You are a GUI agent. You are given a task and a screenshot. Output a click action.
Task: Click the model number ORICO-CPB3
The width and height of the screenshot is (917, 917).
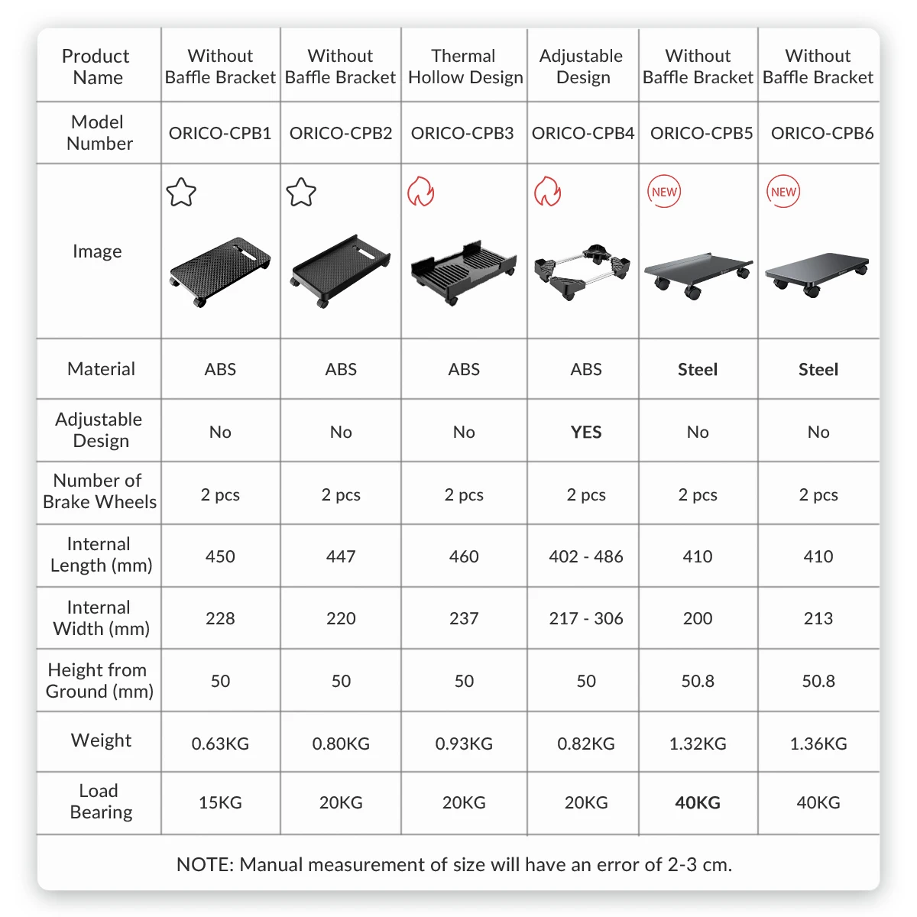pos(462,133)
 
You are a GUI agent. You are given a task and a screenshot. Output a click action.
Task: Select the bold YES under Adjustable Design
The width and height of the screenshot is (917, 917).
pos(586,432)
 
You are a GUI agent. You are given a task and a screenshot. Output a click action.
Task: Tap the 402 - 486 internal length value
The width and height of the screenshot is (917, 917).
pos(586,556)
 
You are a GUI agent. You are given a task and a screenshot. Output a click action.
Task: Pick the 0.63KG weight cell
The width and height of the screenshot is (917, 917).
pos(220,744)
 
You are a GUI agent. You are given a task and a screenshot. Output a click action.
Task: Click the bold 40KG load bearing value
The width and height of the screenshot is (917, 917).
pos(698,802)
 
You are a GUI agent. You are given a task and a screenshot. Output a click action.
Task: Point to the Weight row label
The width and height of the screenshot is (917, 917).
pos(101,740)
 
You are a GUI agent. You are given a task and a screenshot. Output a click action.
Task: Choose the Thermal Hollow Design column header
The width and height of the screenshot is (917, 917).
pos(465,66)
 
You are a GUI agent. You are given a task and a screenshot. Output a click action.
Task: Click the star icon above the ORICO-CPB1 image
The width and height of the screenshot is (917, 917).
pos(181,192)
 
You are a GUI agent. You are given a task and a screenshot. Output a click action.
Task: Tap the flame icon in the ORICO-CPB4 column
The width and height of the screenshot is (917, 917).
pos(547,192)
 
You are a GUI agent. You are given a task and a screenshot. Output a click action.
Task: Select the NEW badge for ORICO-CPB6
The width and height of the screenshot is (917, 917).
pos(783,192)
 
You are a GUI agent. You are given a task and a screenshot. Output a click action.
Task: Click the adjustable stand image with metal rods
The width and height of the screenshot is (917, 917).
pos(584,271)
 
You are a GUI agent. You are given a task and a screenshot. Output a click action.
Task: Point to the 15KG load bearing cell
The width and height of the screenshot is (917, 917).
pos(220,802)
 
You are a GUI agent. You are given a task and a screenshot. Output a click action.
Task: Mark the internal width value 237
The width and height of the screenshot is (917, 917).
pos(464,618)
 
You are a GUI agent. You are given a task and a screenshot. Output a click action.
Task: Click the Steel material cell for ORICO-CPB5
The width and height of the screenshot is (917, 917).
pos(698,370)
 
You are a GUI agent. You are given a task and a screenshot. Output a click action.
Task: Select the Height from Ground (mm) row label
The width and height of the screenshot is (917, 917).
pos(99,680)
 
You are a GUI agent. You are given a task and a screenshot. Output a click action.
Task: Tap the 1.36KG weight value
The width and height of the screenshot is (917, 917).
pos(818,744)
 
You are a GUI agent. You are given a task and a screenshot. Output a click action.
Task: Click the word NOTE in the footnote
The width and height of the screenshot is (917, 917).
pos(203,864)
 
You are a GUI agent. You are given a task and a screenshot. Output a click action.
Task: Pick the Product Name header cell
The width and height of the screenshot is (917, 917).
pos(96,66)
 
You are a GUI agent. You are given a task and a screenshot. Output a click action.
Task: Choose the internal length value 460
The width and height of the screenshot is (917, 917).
pos(464,556)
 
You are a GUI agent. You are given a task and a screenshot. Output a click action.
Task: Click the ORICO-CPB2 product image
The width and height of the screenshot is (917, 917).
pos(340,272)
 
